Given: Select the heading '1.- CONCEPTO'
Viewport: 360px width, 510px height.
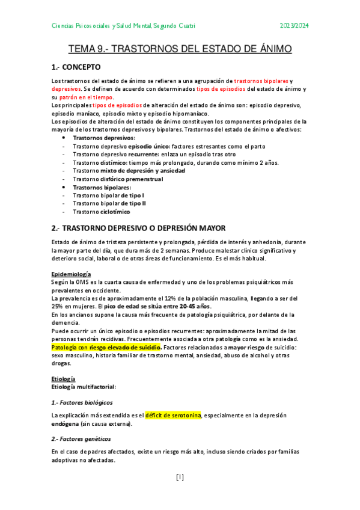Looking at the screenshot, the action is pyautogui.click(x=76, y=67).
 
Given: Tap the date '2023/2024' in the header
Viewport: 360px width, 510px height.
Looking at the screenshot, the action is pyautogui.click(x=294, y=25).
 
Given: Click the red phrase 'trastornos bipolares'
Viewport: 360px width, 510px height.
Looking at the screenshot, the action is pyautogui.click(x=261, y=81).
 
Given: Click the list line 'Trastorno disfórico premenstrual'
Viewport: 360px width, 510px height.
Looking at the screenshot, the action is pyautogui.click(x=121, y=179).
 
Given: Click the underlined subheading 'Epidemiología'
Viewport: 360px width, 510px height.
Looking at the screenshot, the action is pyautogui.click(x=71, y=274).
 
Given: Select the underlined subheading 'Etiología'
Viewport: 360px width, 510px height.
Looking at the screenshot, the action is pyautogui.click(x=63, y=378).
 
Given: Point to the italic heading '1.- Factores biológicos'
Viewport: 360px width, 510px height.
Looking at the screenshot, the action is pyautogui.click(x=82, y=402).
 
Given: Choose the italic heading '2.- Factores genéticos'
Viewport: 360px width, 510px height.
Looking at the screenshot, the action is pyautogui.click(x=81, y=438).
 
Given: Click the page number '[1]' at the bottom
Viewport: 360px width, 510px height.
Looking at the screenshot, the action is pyautogui.click(x=180, y=478).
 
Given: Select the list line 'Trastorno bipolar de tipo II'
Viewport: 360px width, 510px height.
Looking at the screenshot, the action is pyautogui.click(x=109, y=203).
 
